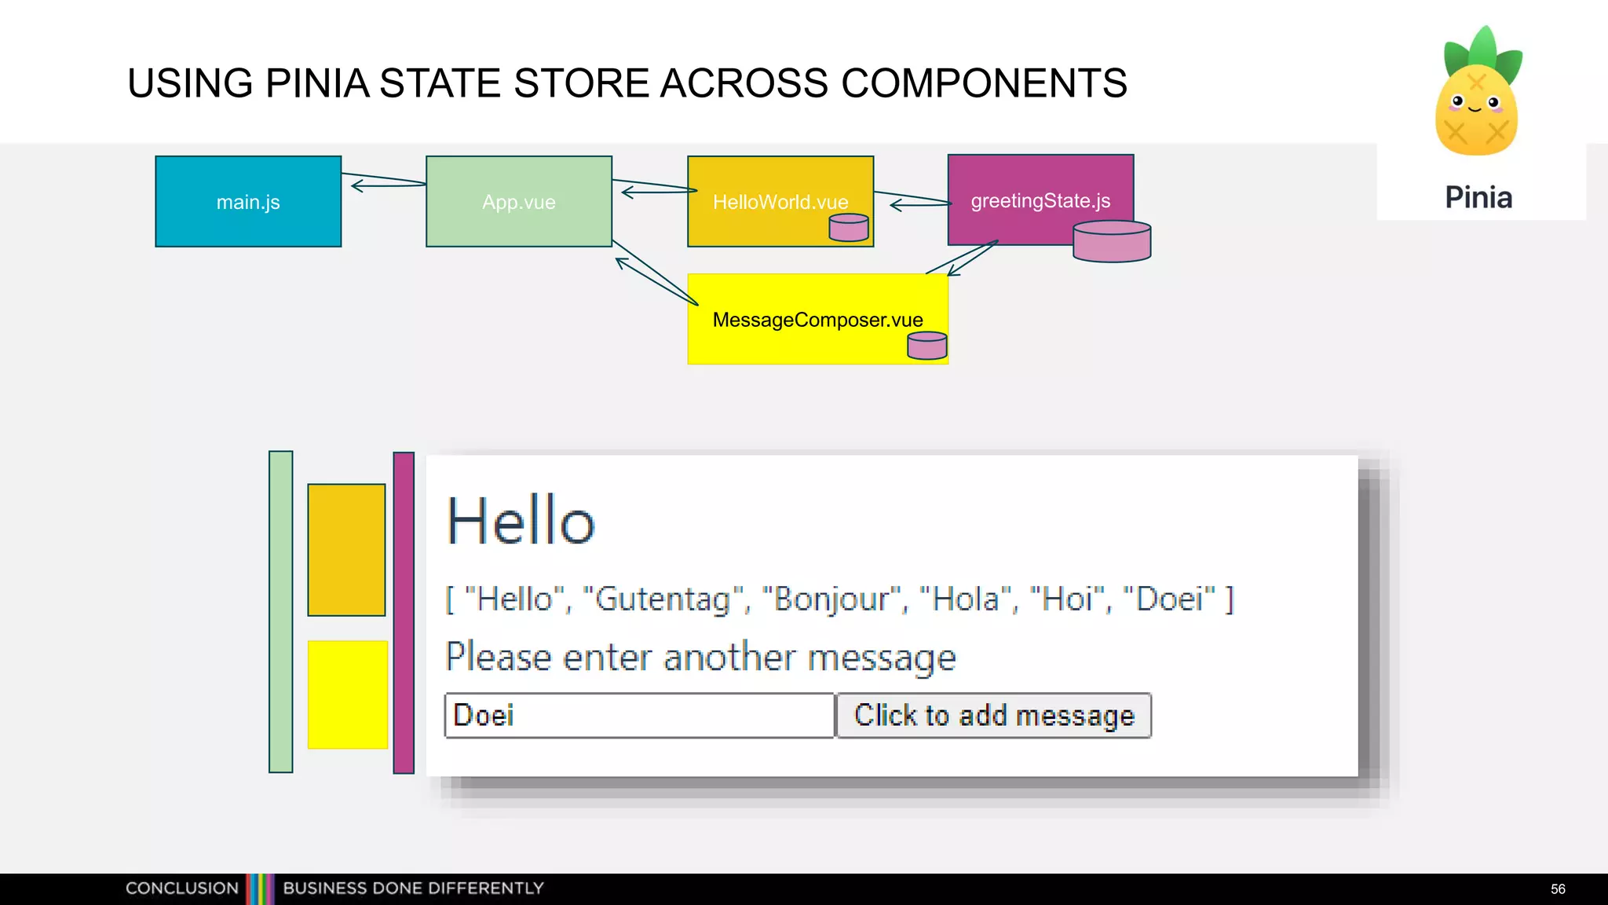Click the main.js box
248,202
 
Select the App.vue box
518,202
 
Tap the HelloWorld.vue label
780,203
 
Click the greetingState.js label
1040,201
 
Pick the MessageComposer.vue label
817,320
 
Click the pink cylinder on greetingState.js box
1111,241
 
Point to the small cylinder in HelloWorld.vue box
849,228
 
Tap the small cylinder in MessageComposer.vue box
926,346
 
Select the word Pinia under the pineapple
1478,197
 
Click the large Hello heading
521,521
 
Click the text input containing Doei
638,716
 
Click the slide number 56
1558,889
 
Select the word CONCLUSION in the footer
182,889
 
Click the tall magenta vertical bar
404,613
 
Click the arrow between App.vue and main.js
385,182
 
